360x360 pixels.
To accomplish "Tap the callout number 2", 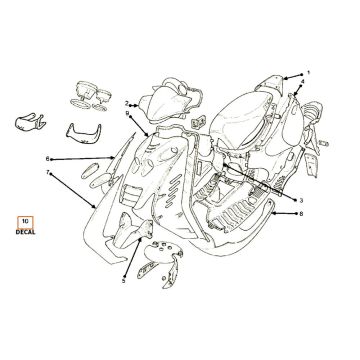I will click(x=127, y=104).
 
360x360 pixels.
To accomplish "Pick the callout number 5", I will click(x=123, y=281).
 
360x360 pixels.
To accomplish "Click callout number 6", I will click(x=46, y=159).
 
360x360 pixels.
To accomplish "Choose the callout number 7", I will click(x=46, y=173).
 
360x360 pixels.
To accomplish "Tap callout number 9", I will click(x=127, y=114).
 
